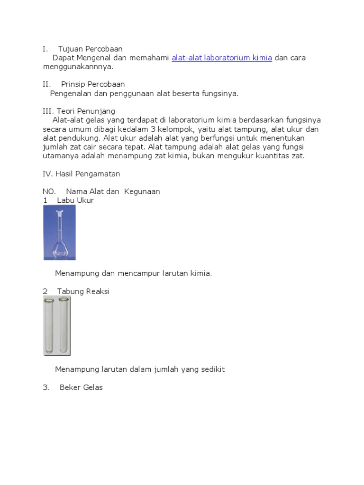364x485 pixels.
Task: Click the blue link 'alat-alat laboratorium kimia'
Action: [x=222, y=58]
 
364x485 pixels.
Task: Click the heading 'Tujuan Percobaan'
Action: [x=90, y=49]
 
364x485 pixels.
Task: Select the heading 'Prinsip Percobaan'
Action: [x=93, y=84]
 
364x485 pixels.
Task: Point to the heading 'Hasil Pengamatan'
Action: [x=88, y=174]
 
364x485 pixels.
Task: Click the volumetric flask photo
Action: [x=59, y=232]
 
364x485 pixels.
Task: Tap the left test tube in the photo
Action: [x=49, y=326]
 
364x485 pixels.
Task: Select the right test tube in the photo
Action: [x=64, y=326]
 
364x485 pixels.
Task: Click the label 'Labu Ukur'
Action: [x=75, y=200]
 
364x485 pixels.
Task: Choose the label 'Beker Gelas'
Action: [x=81, y=387]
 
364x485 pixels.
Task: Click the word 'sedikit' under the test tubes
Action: [x=212, y=369]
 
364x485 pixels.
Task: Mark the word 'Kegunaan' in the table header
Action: [x=142, y=191]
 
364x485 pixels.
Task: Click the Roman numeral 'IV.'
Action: [x=48, y=174]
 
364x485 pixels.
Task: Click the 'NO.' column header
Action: [x=49, y=191]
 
